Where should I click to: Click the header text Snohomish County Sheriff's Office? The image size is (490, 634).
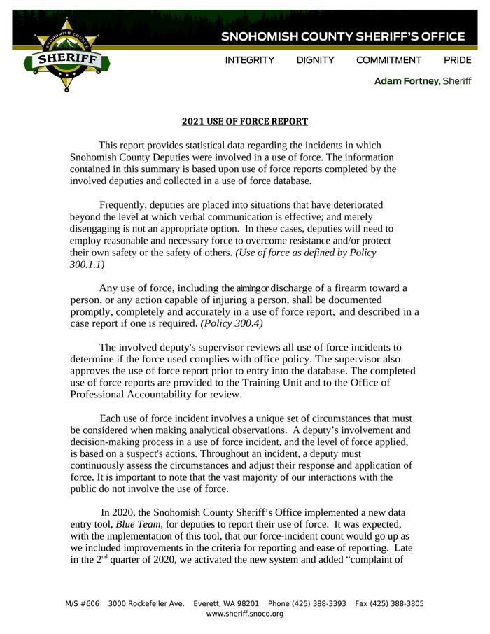(343, 36)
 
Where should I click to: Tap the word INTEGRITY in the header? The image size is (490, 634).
(249, 61)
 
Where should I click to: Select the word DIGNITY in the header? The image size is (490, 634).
(315, 61)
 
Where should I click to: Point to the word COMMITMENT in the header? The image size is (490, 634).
(388, 61)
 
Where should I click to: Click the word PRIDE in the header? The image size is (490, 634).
(457, 61)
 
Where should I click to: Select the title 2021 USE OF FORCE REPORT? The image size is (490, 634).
(245, 122)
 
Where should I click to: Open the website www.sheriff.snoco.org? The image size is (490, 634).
(245, 614)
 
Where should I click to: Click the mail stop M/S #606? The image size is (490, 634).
(83, 604)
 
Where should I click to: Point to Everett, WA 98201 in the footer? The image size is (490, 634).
(226, 604)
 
